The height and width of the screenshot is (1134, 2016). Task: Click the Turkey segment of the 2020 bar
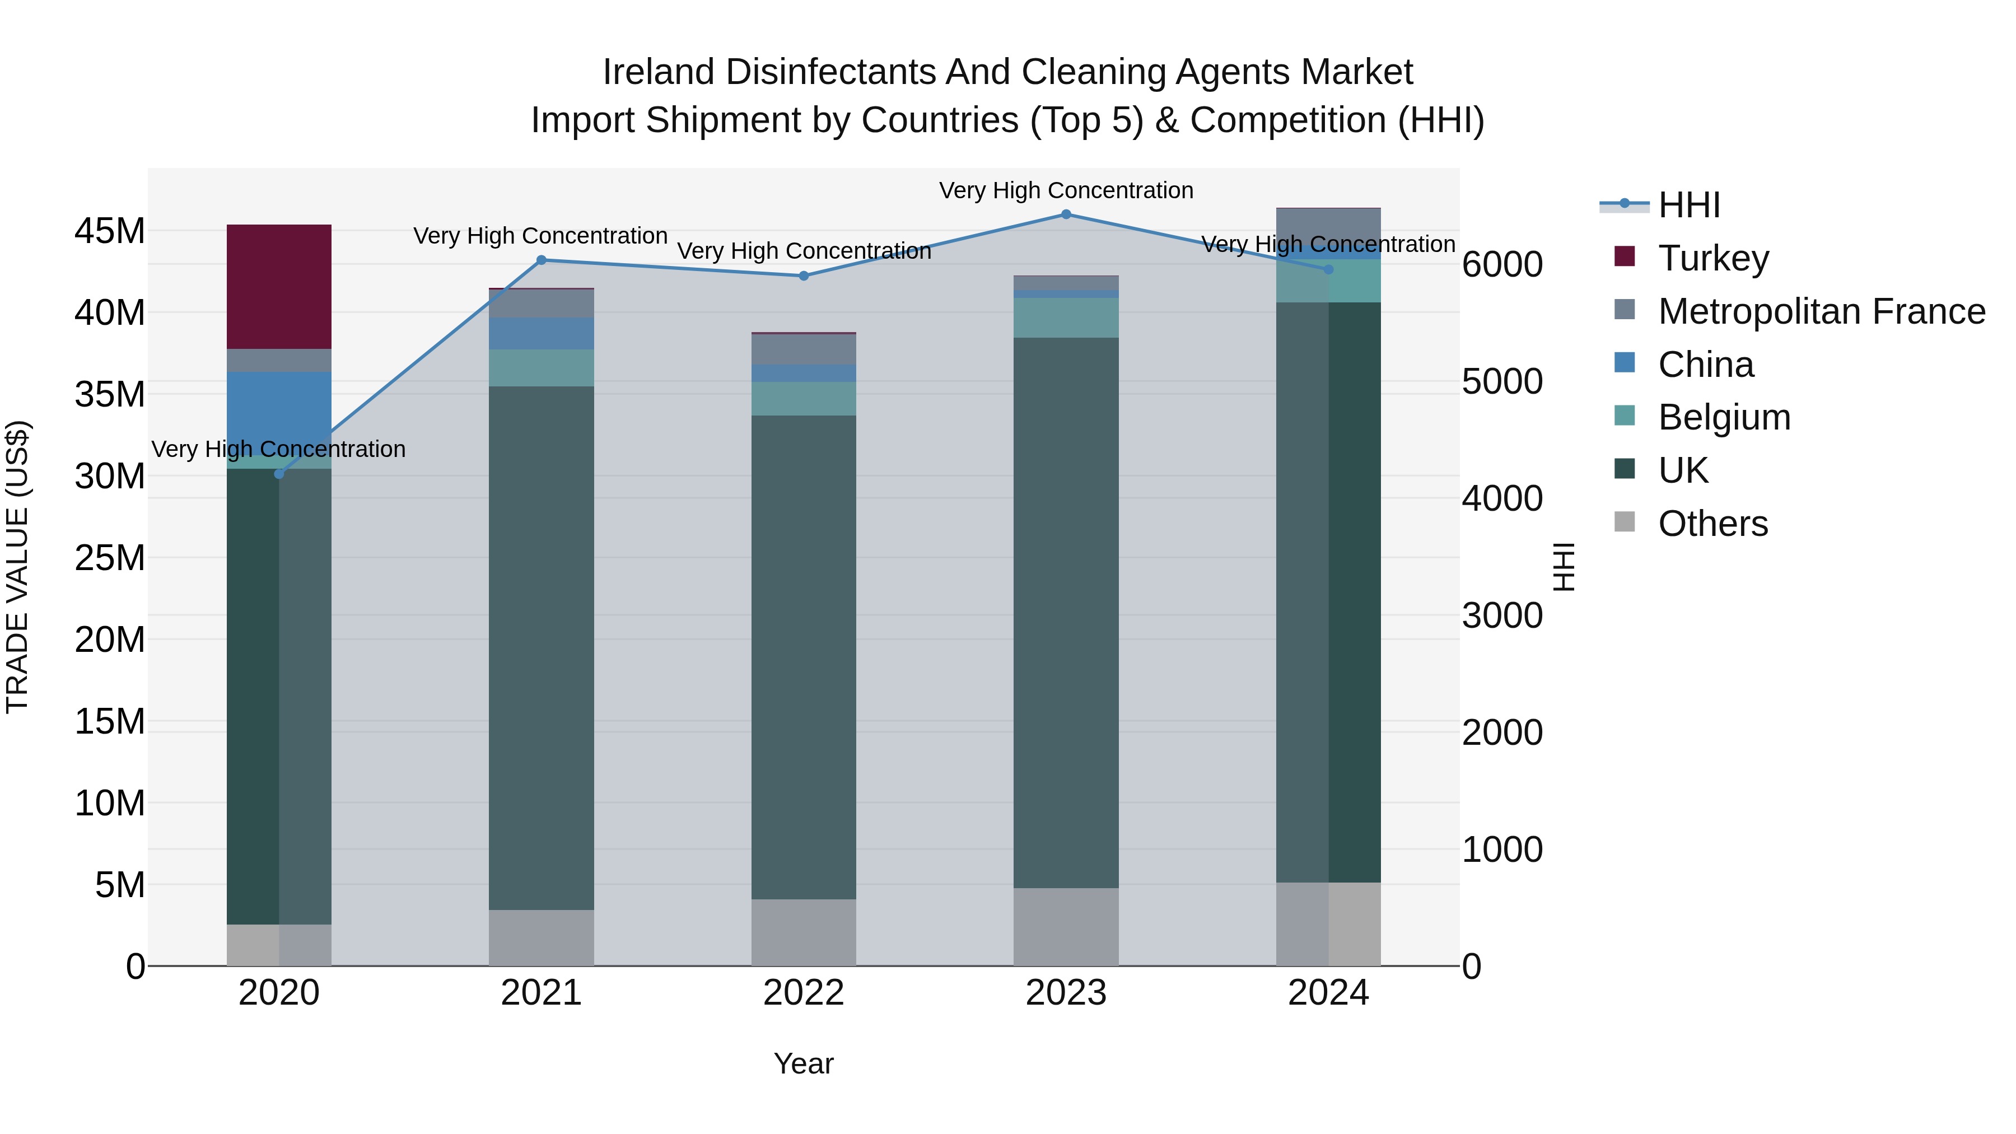click(x=279, y=286)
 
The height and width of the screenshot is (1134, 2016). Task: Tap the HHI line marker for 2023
click(x=1066, y=214)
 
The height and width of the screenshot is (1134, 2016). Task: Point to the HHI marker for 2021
click(x=541, y=260)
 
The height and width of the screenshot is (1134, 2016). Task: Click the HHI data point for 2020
click(x=279, y=473)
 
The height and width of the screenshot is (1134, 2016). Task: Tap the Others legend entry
click(x=1712, y=524)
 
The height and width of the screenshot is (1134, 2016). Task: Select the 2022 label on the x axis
click(x=803, y=993)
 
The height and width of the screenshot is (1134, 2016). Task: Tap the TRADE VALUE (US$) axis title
click(x=17, y=567)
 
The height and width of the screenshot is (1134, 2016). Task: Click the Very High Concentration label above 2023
click(x=1066, y=190)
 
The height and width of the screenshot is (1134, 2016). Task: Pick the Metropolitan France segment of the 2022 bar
click(x=803, y=349)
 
